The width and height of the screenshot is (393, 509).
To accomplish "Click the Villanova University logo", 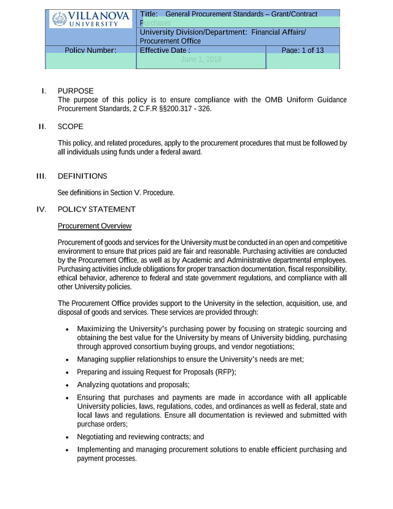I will click(x=91, y=19).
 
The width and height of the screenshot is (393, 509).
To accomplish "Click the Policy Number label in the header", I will click(x=90, y=50).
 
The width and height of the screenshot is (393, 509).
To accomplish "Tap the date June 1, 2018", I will click(x=201, y=60).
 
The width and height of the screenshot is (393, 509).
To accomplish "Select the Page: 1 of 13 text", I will click(x=303, y=50).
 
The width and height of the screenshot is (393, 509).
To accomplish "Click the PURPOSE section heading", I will click(x=76, y=91).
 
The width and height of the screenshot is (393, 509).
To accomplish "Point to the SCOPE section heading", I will click(x=71, y=127).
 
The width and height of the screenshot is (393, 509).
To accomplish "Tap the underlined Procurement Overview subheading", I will click(x=94, y=226).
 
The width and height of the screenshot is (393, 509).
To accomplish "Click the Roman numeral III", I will click(x=42, y=176).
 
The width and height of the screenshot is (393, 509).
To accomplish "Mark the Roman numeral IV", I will click(x=42, y=210).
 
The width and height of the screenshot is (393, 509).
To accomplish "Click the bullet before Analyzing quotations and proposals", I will click(x=67, y=385).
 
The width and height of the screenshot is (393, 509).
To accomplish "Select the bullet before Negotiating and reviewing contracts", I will click(x=67, y=437).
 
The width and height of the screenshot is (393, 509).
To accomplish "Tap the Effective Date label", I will click(x=165, y=50).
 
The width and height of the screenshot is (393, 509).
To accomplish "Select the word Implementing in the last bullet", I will click(x=100, y=450).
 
